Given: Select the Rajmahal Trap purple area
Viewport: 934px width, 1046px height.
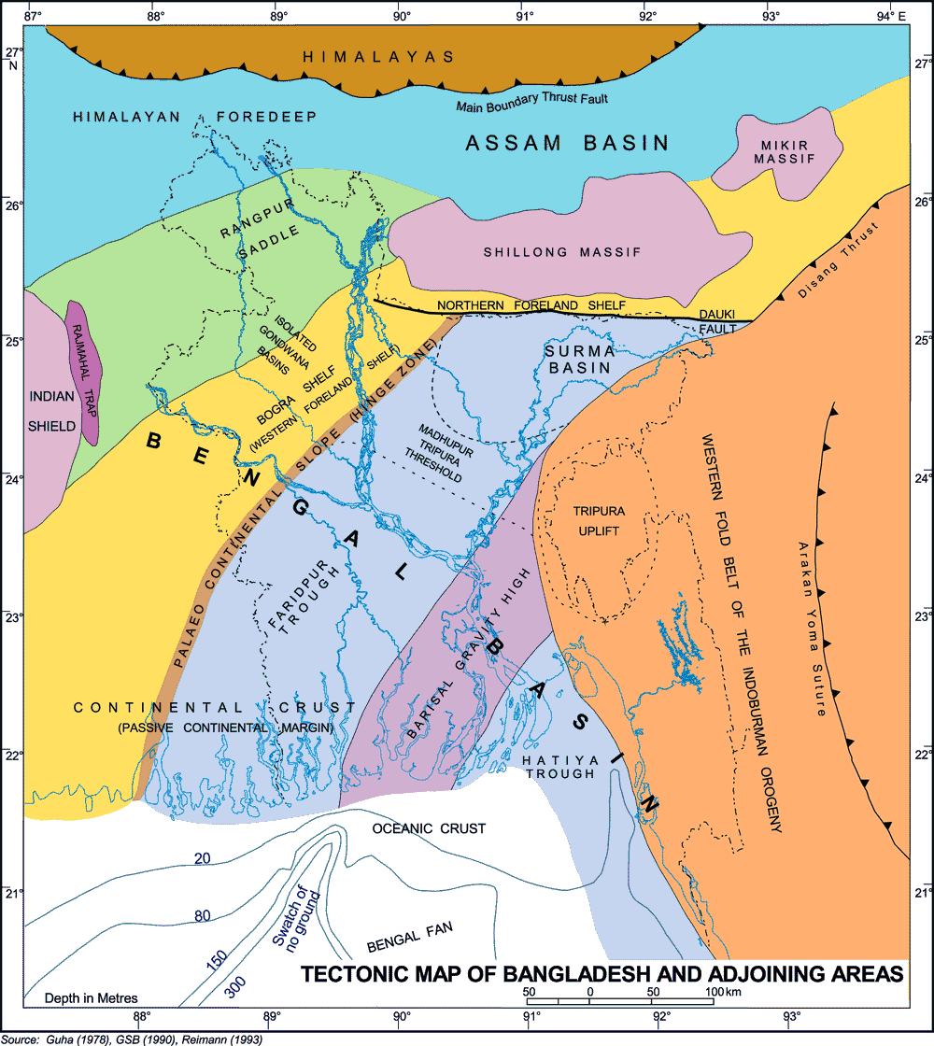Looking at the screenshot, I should coord(87,369).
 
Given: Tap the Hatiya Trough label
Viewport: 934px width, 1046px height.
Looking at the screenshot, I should coord(559,766).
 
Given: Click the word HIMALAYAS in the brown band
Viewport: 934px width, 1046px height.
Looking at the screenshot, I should coord(378,57).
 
